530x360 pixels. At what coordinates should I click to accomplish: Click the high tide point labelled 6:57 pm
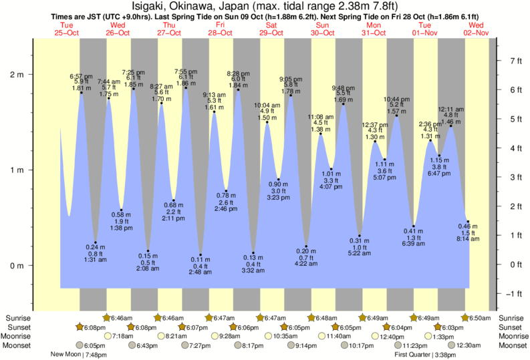[82, 92]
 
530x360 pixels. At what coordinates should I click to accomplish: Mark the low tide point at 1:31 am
[96, 242]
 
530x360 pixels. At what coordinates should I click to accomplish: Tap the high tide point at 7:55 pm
[186, 87]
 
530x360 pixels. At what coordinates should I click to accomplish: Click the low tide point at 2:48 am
[200, 254]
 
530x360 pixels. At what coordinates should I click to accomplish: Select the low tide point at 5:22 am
[360, 236]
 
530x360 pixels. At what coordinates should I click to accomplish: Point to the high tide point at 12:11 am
[451, 126]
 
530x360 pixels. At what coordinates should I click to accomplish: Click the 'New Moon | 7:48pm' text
[80, 355]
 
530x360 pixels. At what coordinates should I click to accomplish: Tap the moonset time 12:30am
[468, 345]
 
